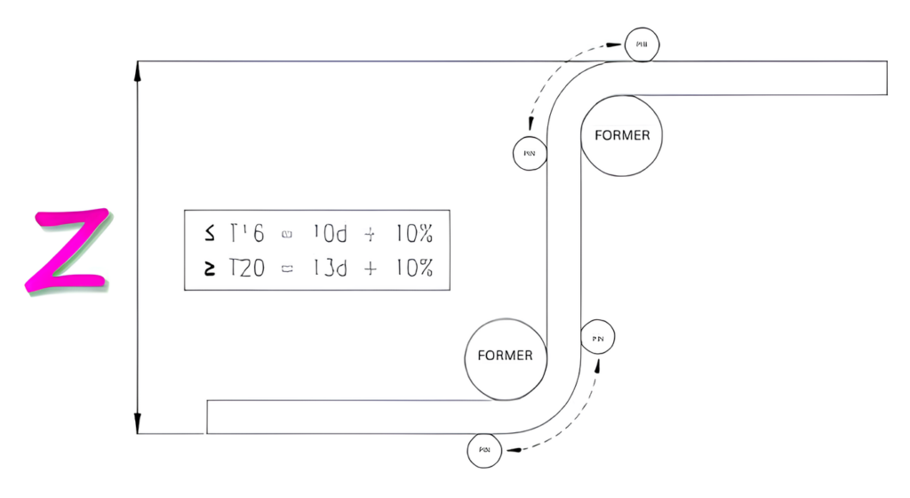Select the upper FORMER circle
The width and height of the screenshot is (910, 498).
click(x=621, y=136)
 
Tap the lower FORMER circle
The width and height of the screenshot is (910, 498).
click(x=505, y=356)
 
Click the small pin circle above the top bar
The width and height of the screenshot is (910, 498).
click(x=642, y=44)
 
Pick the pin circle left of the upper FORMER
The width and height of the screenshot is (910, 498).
click(x=530, y=153)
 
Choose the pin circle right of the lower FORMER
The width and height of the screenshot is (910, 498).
click(x=597, y=338)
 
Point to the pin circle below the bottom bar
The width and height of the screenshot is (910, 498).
click(x=485, y=451)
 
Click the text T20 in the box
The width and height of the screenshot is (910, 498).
click(x=246, y=269)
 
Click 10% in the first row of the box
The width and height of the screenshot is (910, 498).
click(x=412, y=234)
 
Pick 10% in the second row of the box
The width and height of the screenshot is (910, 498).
click(x=412, y=269)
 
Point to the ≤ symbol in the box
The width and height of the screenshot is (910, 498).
click(x=209, y=234)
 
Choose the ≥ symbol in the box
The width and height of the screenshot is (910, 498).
click(x=209, y=269)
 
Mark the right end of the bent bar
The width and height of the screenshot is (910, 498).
click(x=887, y=77)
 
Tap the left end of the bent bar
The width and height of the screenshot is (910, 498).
click(x=208, y=417)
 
